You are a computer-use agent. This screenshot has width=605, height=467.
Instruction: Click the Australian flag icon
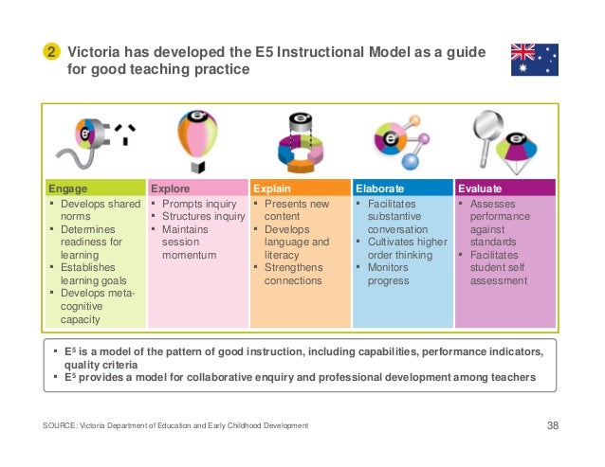(x=534, y=60)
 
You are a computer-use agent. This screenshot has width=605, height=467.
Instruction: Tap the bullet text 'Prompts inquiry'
(x=199, y=204)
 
